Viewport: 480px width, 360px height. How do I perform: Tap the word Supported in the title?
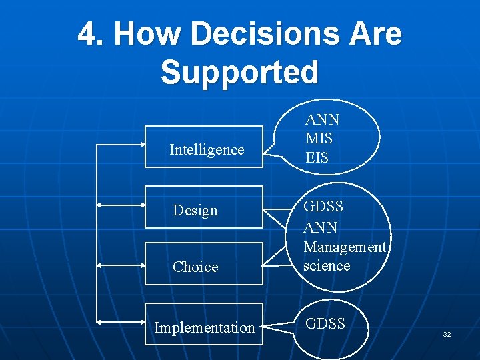(239, 71)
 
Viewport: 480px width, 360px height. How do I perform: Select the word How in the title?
(147, 33)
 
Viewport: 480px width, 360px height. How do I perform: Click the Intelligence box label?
(207, 149)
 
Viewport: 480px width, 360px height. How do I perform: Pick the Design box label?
(195, 210)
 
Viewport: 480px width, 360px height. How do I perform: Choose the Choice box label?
(195, 267)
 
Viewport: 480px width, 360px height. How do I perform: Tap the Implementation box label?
(205, 327)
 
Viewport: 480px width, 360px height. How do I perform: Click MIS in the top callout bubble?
(319, 139)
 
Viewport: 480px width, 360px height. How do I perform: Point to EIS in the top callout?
(317, 158)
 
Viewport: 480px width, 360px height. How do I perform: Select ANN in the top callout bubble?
(323, 119)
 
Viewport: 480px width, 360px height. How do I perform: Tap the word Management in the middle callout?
(345, 247)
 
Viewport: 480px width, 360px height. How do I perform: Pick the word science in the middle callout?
(327, 265)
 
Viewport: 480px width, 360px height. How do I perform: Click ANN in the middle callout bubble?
(321, 227)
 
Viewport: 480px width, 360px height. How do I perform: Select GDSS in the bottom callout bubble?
(325, 323)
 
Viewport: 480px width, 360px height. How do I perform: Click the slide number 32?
(447, 334)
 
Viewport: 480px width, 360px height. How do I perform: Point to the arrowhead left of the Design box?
(101, 207)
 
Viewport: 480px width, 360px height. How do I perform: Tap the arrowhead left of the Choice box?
(101, 265)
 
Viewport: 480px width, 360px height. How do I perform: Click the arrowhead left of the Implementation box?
(101, 321)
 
